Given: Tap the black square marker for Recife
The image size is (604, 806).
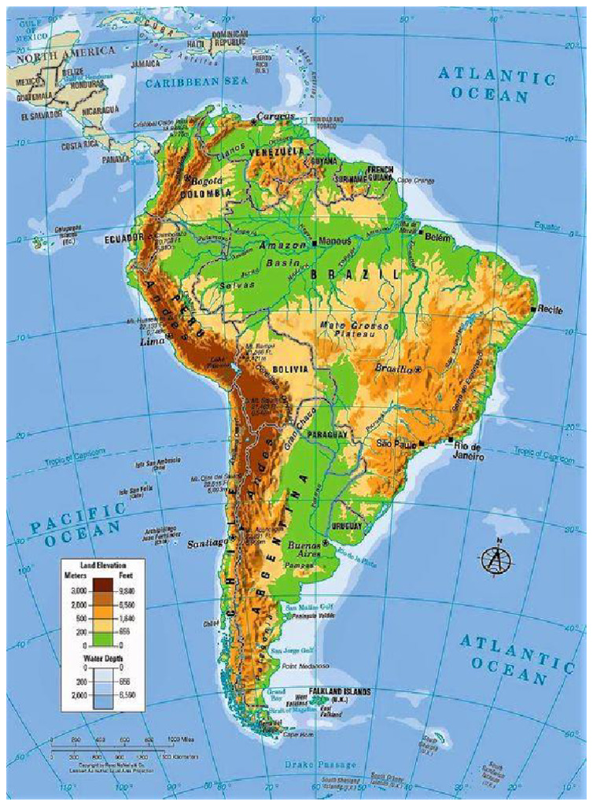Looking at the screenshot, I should pyautogui.click(x=534, y=309).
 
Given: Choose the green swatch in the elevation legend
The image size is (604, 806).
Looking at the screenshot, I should pyautogui.click(x=101, y=638).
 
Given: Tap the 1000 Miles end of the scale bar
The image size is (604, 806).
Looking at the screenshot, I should pyautogui.click(x=181, y=740).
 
